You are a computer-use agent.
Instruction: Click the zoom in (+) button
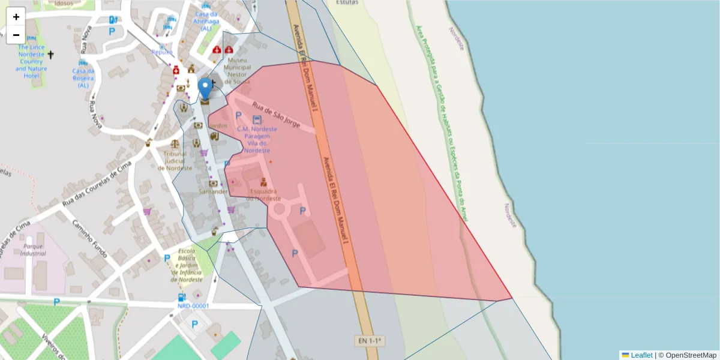pyautogui.click(x=16, y=17)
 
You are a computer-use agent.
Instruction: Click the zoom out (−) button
pyautogui.click(x=16, y=35)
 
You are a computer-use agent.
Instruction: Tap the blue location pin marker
pyautogui.click(x=205, y=89)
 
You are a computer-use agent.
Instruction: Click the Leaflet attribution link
pyautogui.click(x=641, y=355)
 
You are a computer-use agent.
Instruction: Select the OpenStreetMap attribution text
pyautogui.click(x=691, y=355)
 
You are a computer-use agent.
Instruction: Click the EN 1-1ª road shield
pyautogui.click(x=370, y=341)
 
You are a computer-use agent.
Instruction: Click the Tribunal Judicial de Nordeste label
pyautogui.click(x=175, y=161)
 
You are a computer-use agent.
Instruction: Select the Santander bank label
pyautogui.click(x=213, y=191)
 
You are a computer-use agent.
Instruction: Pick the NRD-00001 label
pyautogui.click(x=193, y=306)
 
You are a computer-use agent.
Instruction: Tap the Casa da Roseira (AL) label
pyautogui.click(x=83, y=78)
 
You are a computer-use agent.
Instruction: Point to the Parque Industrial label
pyautogui.click(x=33, y=250)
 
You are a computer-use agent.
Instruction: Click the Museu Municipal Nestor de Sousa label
pyautogui.click(x=237, y=68)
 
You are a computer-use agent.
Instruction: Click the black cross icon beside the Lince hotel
pyautogui.click(x=51, y=55)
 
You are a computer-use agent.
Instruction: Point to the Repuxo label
pyautogui.click(x=162, y=52)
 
